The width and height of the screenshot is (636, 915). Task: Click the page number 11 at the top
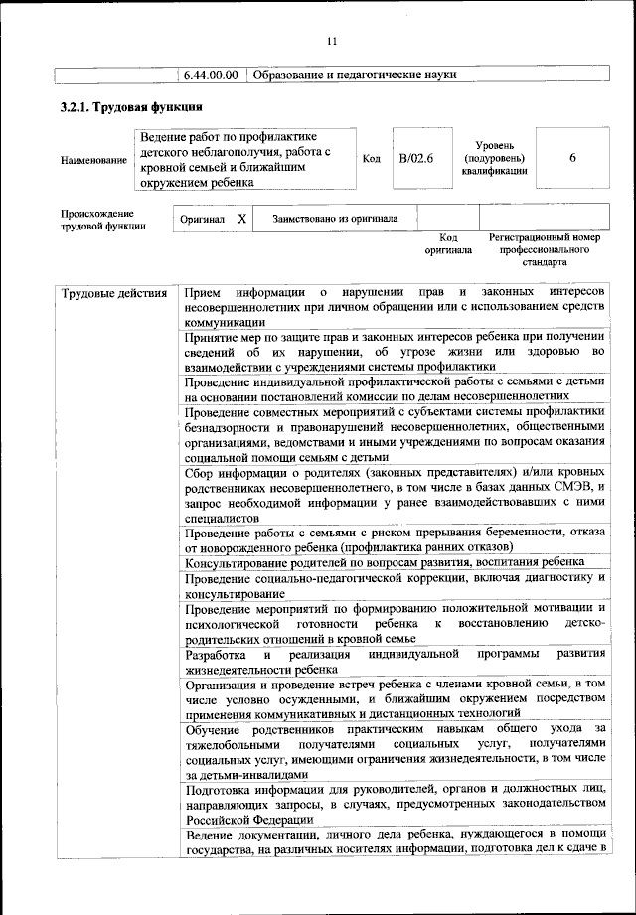(x=332, y=41)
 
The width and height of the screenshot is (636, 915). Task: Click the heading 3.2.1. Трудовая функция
(x=131, y=108)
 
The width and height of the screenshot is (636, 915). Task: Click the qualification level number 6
(x=573, y=158)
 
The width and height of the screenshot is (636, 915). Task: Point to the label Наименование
(x=93, y=159)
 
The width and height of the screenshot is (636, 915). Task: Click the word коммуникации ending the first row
(x=224, y=321)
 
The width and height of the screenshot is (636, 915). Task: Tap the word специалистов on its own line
(x=221, y=518)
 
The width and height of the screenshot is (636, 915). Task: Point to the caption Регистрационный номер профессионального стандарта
(x=546, y=251)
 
